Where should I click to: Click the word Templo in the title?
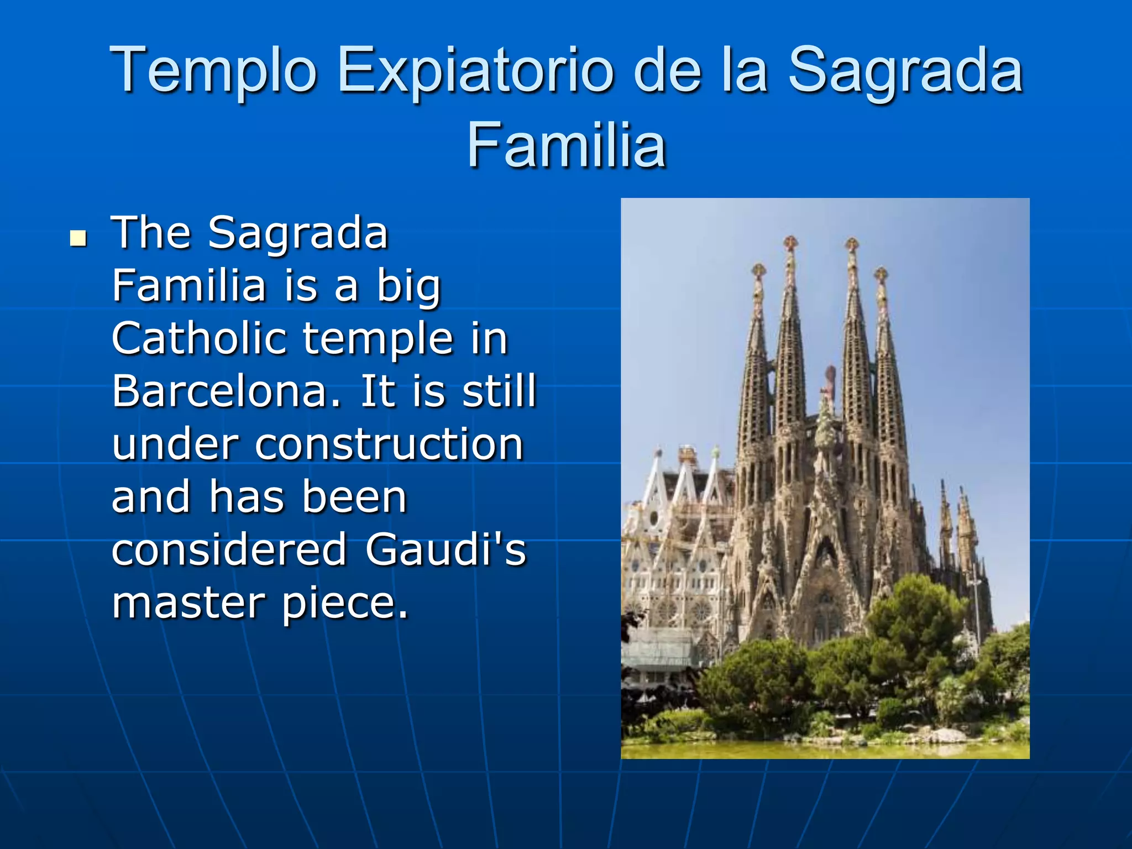click(213, 70)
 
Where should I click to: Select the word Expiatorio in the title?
click(475, 70)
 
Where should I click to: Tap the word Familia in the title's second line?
click(566, 145)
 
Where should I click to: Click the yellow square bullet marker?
click(78, 238)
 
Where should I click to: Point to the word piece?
click(345, 602)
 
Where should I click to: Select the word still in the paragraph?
click(499, 391)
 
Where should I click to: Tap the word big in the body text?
click(408, 286)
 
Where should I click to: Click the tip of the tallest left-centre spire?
click(791, 242)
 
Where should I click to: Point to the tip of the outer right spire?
click(881, 273)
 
